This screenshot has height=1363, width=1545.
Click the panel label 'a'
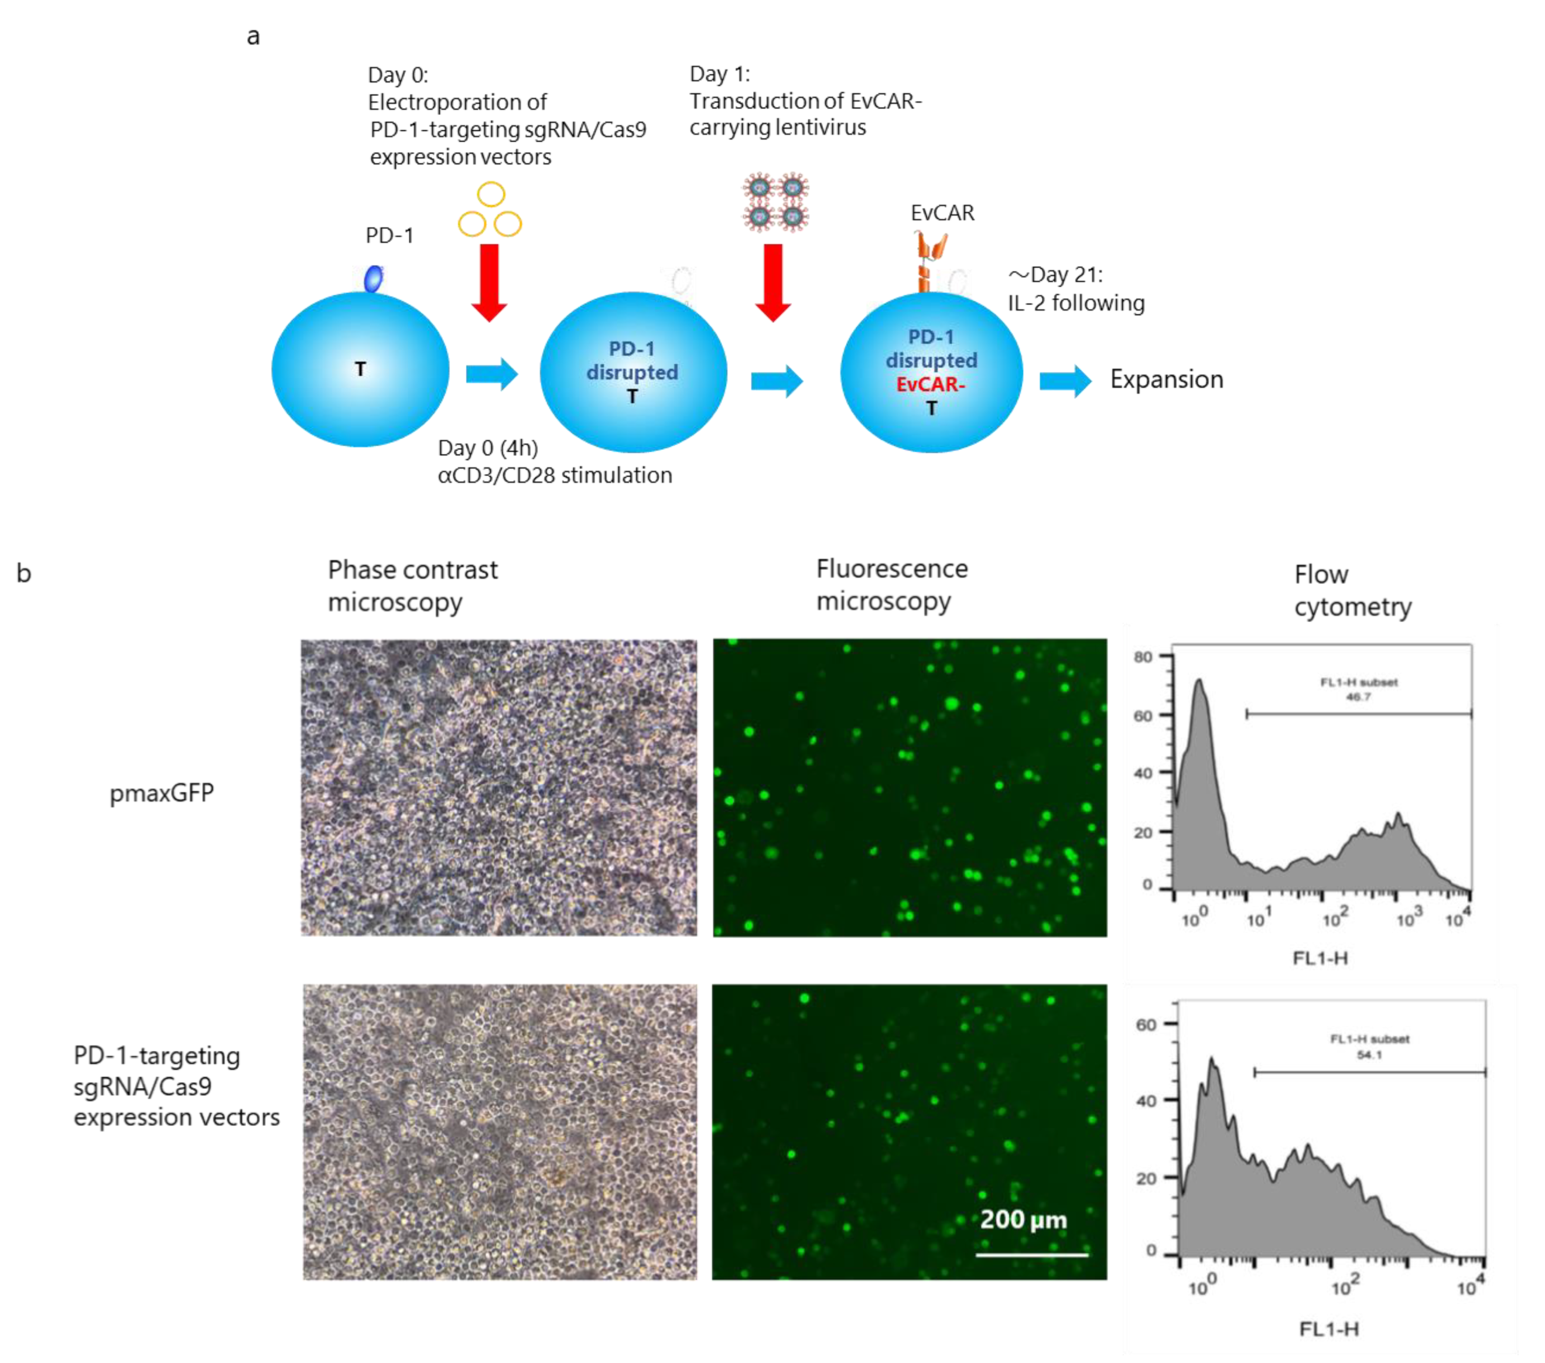point(253,36)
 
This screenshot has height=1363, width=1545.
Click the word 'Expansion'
point(1165,379)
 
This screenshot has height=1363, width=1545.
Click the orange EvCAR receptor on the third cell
point(929,261)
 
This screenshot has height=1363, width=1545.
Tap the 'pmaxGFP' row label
point(162,793)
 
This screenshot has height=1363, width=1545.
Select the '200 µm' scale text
point(1023,1219)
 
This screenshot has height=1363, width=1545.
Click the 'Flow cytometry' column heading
point(1352,590)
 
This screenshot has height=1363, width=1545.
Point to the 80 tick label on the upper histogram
point(1143,657)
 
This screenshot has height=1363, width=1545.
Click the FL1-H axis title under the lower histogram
point(1328,1328)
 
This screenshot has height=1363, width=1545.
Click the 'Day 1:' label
point(720,74)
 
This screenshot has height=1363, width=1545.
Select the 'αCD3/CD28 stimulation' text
point(555,476)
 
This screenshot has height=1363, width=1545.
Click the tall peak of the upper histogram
point(1199,684)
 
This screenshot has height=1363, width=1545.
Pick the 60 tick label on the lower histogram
point(1146,1025)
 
